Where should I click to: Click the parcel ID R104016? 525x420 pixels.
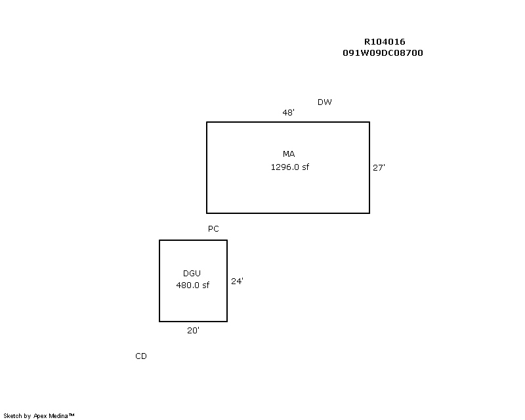point(385,42)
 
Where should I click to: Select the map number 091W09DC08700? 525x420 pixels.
point(383,53)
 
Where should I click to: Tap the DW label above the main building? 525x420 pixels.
point(325,102)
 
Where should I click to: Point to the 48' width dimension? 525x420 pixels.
point(288,113)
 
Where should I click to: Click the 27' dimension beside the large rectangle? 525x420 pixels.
point(379,168)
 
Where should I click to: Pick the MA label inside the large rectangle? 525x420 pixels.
point(289,154)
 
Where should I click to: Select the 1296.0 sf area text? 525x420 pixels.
point(289,167)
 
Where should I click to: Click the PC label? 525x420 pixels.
point(213,229)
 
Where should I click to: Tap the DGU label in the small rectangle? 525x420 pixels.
point(193,273)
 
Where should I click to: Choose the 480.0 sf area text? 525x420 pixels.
point(193,285)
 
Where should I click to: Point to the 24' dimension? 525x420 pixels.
point(237,282)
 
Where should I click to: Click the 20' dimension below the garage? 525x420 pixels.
point(193,331)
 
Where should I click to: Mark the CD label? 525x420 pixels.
point(141,356)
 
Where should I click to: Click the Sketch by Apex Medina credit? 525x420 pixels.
point(39,415)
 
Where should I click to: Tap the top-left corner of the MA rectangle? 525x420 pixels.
point(207,122)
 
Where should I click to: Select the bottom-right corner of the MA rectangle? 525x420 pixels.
point(369,213)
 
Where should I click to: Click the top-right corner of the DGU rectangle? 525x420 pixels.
point(227,240)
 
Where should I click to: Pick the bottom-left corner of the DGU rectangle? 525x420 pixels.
point(159,322)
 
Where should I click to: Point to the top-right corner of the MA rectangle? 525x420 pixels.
point(369,122)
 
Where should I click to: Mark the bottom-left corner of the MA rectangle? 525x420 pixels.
point(207,213)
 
